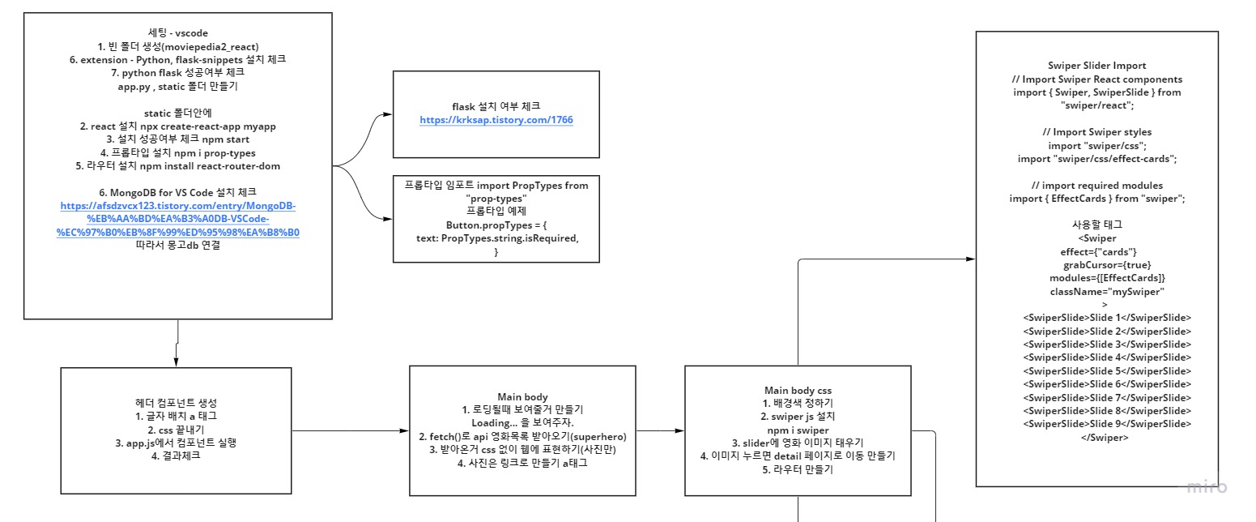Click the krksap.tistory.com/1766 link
(496, 120)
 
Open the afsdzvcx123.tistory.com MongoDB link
(178, 219)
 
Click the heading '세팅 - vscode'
(177, 32)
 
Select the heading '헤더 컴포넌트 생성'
(176, 402)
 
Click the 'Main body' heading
(522, 396)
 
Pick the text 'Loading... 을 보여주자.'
(522, 422)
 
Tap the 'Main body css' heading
(798, 390)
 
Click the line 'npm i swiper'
(798, 429)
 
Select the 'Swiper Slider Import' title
(1096, 66)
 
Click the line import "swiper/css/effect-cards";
(1096, 159)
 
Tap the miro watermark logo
(1207, 486)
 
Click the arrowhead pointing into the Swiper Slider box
(971, 259)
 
